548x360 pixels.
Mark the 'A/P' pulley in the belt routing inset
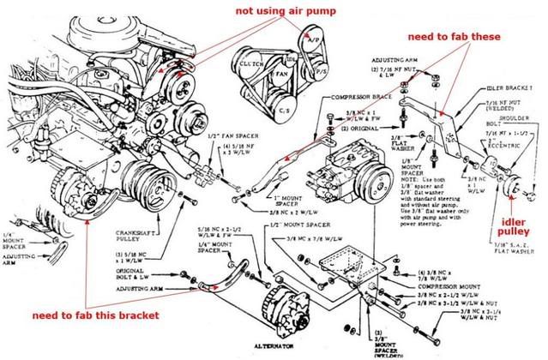316,39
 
